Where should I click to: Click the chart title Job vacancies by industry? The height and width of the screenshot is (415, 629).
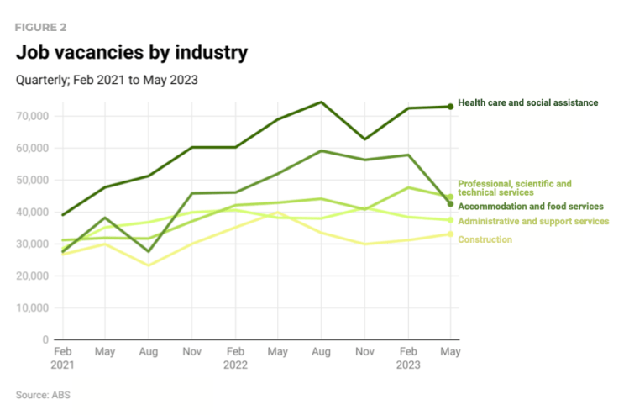point(132,53)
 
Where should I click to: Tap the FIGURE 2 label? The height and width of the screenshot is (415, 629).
point(41,27)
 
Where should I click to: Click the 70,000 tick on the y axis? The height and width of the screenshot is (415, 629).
point(31,116)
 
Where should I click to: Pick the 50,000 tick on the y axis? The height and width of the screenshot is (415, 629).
point(31,180)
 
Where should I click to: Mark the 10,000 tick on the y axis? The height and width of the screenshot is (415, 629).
point(31,307)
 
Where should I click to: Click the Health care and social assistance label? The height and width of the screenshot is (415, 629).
point(527,102)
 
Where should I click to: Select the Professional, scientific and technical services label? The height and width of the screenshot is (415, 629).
point(514,188)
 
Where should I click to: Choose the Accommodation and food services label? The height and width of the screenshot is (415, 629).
point(530,206)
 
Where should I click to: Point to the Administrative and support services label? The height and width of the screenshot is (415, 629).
point(533,221)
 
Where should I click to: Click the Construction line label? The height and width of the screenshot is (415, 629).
point(485,240)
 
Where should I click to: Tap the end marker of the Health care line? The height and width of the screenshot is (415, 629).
point(450,107)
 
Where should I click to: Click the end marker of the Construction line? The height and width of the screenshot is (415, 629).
point(450,234)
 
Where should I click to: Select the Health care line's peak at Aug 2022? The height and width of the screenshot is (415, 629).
point(321,102)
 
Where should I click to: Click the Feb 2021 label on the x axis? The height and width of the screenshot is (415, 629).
point(62,358)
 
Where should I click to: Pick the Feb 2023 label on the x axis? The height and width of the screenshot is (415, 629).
point(407,358)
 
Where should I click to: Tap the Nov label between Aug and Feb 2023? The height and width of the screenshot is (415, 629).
point(364,350)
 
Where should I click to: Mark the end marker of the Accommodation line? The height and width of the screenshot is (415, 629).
point(450,204)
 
